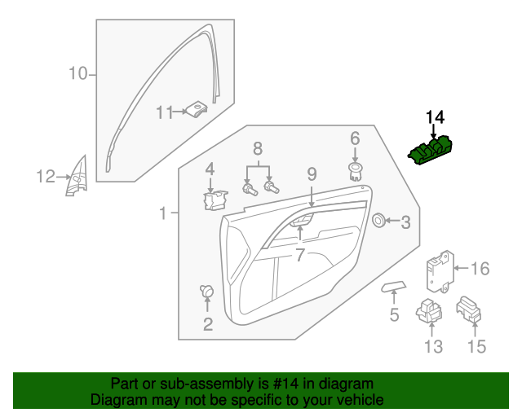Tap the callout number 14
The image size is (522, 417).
436,117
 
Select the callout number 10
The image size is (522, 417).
77,75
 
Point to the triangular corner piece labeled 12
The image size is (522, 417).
78,177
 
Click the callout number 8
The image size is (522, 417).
258,149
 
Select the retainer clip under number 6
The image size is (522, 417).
355,169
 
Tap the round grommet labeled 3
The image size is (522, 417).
379,220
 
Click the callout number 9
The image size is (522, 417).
312,173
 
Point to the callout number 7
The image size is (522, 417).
299,255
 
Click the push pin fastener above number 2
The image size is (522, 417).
206,291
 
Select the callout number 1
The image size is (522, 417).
163,213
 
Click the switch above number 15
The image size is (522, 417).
470,309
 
